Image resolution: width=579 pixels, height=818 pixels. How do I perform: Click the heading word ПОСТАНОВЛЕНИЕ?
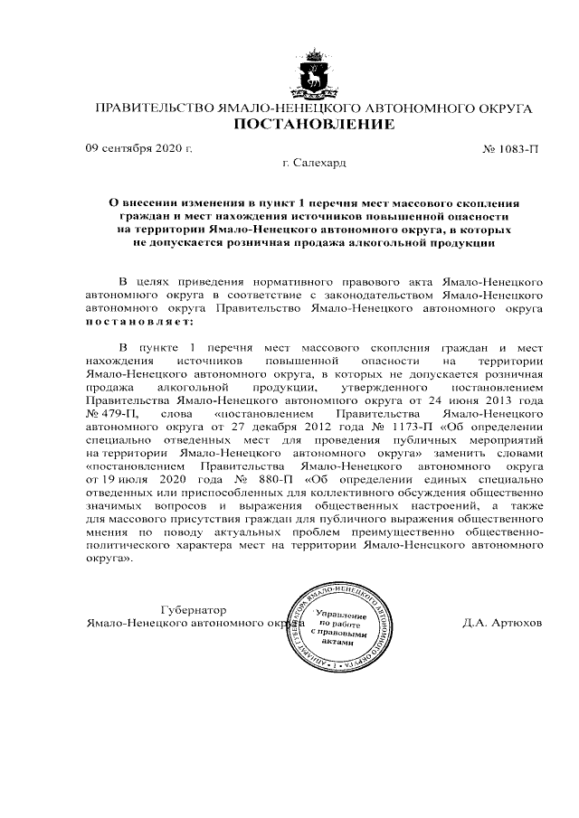pyautogui.click(x=314, y=125)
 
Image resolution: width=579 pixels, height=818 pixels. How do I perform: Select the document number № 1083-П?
pyautogui.click(x=511, y=147)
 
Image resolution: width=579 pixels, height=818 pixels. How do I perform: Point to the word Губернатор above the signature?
pyautogui.click(x=192, y=609)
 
